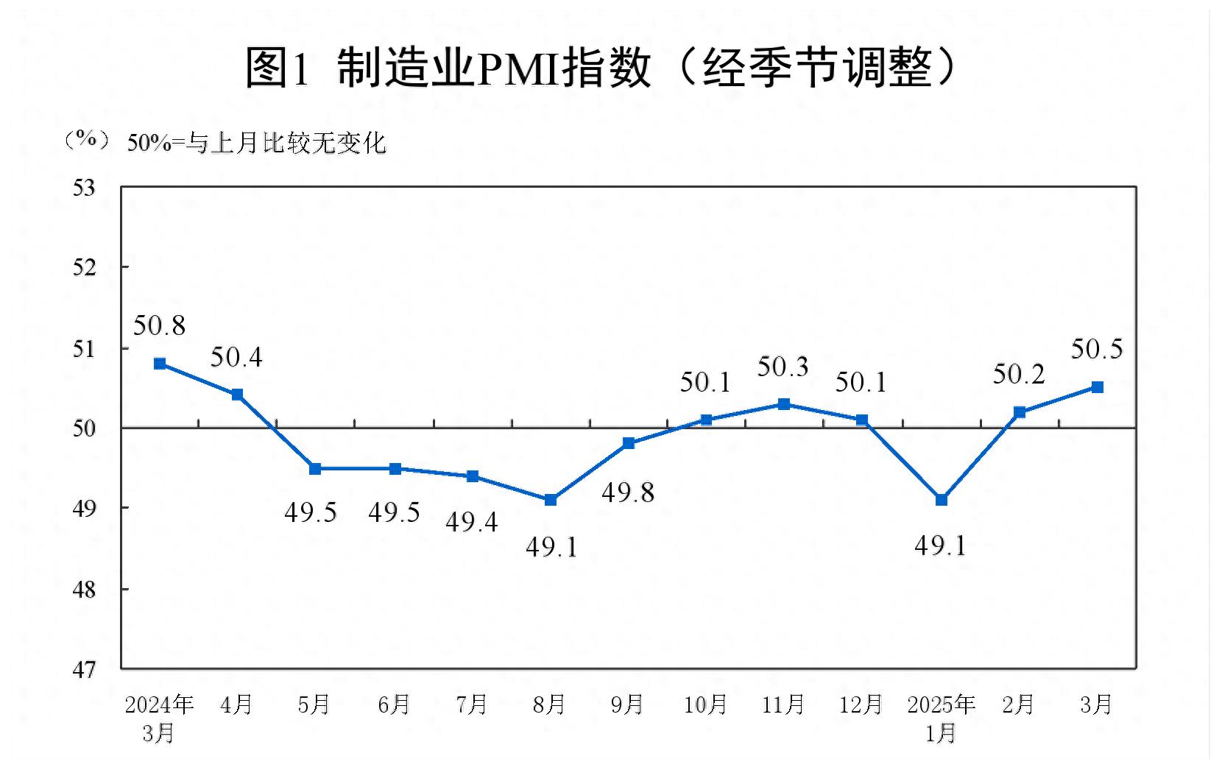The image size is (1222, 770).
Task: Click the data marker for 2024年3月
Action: click(160, 364)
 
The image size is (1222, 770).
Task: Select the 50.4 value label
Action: click(236, 358)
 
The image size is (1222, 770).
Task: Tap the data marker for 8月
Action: click(551, 500)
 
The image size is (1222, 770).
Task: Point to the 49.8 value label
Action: click(628, 492)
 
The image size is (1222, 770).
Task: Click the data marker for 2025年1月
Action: click(941, 500)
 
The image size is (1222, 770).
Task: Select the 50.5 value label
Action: click(1097, 349)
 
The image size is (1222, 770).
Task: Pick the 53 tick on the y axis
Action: click(84, 188)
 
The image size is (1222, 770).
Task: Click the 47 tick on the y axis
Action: click(84, 669)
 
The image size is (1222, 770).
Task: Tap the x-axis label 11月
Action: click(783, 704)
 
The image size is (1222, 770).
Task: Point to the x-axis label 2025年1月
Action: click(941, 718)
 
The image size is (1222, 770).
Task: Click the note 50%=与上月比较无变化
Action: click(257, 143)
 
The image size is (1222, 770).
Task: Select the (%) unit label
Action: click(87, 139)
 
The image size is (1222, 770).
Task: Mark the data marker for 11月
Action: click(784, 404)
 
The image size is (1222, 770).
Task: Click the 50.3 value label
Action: click(783, 367)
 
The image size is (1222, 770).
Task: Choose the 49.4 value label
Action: click(472, 522)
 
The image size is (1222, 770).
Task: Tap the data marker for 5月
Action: click(315, 469)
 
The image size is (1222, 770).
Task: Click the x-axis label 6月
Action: click(394, 704)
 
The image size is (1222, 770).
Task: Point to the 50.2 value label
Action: click(1019, 375)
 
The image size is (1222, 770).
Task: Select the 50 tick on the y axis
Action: click(84, 428)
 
